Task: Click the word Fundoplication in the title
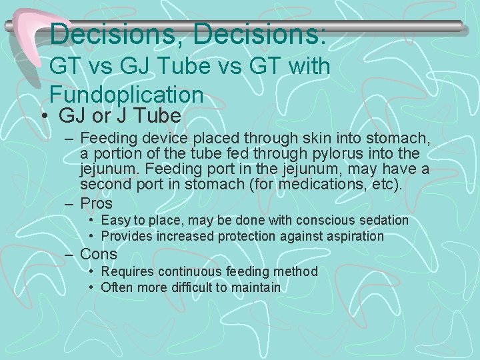pos(126,94)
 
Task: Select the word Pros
pos(97,203)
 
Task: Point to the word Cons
pos(98,254)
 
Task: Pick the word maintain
pos(257,287)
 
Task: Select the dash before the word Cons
pos(70,254)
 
